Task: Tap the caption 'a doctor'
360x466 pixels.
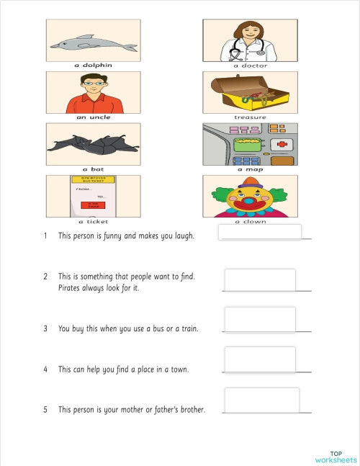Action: coord(250,66)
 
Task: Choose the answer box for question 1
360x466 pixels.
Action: coord(259,232)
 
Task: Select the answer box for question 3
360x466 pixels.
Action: coord(260,319)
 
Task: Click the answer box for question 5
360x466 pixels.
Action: coord(261,400)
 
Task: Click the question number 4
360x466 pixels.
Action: coord(45,369)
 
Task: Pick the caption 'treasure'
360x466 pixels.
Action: coord(250,117)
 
